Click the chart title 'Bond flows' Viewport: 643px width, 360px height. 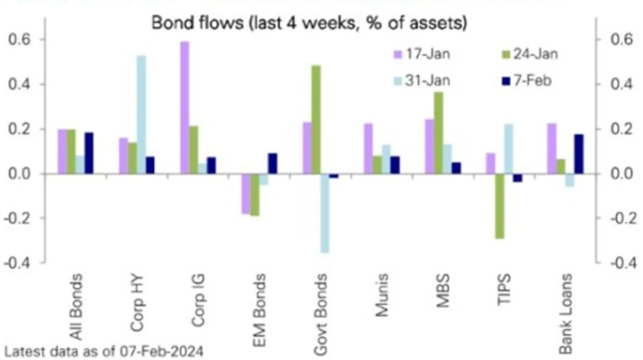tap(309, 22)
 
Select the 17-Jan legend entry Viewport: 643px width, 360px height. tap(422, 54)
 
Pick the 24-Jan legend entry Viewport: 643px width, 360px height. tap(530, 54)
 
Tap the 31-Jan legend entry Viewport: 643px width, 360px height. tap(422, 81)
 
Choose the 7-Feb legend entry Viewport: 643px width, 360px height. tap(527, 81)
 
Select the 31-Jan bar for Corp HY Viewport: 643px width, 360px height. tap(141, 114)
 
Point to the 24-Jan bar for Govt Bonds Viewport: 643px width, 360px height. tap(316, 119)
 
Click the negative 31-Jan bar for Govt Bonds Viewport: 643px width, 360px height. tap(325, 213)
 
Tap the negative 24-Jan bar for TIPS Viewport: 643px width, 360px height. tap(500, 206)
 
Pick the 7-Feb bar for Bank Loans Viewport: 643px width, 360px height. tap(579, 154)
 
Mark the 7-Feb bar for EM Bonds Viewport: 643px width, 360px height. tap(272, 163)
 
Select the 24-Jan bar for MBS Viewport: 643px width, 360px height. tap(438, 132)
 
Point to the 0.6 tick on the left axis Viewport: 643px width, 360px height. tap(20, 39)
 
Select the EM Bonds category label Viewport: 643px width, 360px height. tap(259, 310)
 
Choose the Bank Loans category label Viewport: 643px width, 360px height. tap(565, 313)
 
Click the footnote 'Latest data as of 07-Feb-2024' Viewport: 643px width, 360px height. tap(104, 352)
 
